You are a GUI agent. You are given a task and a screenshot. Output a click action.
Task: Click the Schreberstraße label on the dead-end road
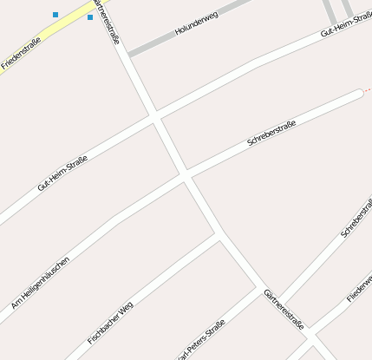(x=271, y=133)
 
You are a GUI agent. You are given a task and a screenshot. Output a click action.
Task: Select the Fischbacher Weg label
(x=110, y=319)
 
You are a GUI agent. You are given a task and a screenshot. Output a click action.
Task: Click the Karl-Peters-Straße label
(x=201, y=340)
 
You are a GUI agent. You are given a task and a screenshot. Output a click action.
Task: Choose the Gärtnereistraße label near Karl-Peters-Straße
(x=284, y=310)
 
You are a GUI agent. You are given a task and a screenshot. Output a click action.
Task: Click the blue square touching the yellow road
(x=90, y=17)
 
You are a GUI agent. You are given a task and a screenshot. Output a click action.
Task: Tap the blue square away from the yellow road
(x=55, y=15)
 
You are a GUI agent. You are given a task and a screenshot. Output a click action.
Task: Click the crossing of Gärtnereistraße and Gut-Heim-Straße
(x=154, y=115)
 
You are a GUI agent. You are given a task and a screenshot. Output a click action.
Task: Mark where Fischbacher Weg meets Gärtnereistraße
(x=218, y=235)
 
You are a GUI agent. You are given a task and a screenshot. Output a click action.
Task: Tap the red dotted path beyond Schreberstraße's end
(x=367, y=89)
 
